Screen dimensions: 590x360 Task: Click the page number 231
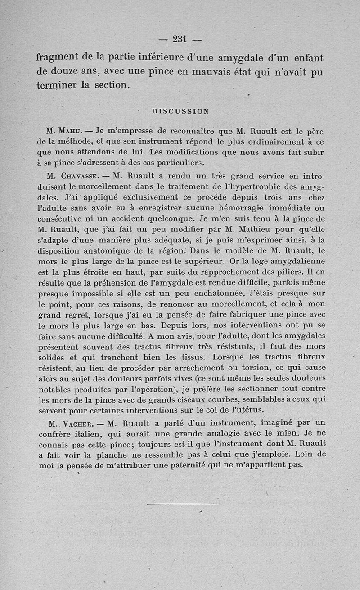point(180,39)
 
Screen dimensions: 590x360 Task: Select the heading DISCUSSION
point(180,111)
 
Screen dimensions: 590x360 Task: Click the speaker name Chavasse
point(82,176)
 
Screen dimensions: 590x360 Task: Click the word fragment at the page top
point(61,58)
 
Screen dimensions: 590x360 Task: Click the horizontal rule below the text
point(183,503)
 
